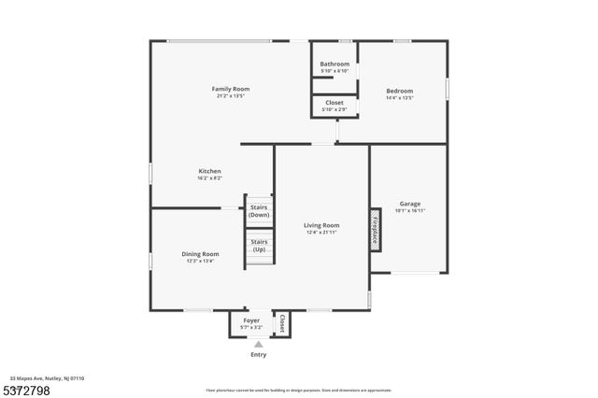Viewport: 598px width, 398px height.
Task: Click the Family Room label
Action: [x=231, y=89]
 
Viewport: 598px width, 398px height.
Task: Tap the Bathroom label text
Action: [x=335, y=64]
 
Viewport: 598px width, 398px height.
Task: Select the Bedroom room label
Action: [x=399, y=91]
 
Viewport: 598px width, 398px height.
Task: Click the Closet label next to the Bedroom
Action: [x=335, y=103]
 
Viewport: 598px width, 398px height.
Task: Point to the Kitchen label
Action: [x=209, y=171]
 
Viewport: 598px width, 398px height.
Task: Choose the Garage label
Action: [x=409, y=204]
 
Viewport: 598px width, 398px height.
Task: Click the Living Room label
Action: [x=321, y=225]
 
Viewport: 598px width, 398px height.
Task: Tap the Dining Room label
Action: [x=200, y=254]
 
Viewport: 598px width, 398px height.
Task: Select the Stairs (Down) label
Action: [x=260, y=211]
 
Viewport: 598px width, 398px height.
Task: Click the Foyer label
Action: [x=251, y=320]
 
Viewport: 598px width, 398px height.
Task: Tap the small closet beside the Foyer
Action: [x=281, y=323]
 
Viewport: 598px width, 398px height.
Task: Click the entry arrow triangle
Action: [x=259, y=344]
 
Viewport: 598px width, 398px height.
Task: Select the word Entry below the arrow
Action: [x=259, y=355]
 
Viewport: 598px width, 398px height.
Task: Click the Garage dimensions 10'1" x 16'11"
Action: [x=409, y=211]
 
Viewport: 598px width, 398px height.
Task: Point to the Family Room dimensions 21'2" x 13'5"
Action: [x=231, y=96]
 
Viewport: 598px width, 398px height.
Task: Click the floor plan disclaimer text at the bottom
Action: [x=298, y=390]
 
